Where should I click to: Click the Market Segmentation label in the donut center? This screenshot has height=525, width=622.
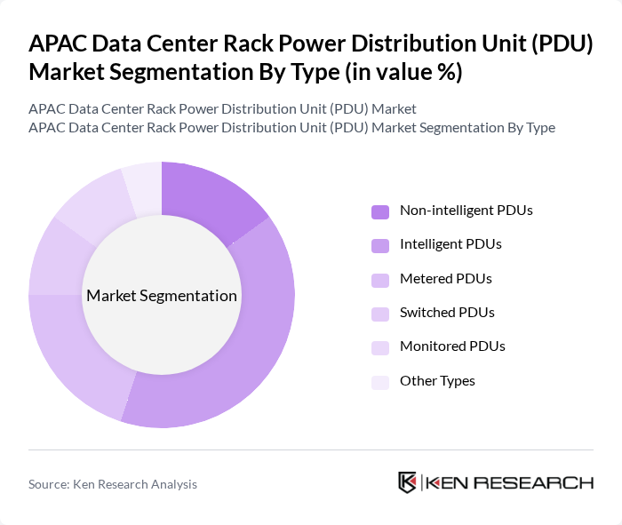(162, 296)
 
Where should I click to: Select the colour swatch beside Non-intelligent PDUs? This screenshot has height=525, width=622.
(380, 211)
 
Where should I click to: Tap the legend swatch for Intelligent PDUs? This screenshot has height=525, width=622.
(380, 245)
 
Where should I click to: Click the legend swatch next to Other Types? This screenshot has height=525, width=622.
(380, 382)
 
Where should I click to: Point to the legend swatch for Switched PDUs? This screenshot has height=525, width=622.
(380, 314)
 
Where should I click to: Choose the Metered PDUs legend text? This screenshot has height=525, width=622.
(445, 279)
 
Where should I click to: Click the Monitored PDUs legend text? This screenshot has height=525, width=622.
(452, 346)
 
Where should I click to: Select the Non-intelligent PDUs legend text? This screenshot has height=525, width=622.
(466, 211)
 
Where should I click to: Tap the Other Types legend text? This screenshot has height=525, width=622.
(437, 381)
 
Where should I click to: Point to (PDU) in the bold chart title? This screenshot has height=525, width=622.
(557, 44)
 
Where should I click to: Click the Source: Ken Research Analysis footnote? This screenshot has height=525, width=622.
(113, 484)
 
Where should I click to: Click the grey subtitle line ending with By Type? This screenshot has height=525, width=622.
(291, 127)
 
